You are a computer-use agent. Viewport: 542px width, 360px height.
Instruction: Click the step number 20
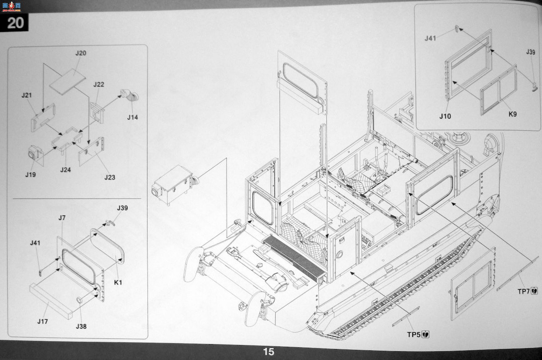pyautogui.click(x=15, y=23)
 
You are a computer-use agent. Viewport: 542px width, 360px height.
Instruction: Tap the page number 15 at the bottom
pyautogui.click(x=268, y=352)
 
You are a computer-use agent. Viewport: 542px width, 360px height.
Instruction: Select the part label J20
pyautogui.click(x=81, y=53)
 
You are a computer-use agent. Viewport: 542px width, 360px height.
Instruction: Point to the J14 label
pyautogui.click(x=132, y=117)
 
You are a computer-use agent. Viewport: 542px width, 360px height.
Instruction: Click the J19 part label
pyautogui.click(x=31, y=175)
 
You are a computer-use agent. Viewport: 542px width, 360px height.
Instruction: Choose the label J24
pyautogui.click(x=65, y=170)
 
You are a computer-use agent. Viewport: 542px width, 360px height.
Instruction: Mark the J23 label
pyautogui.click(x=110, y=177)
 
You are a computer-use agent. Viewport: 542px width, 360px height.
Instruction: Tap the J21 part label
pyautogui.click(x=27, y=95)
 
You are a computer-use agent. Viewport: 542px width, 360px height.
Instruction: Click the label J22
pyautogui.click(x=99, y=85)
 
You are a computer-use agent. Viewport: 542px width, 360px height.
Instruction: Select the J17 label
pyautogui.click(x=43, y=321)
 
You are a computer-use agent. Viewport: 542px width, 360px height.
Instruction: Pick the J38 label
pyautogui.click(x=81, y=326)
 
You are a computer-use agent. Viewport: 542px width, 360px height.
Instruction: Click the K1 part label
pyautogui.click(x=118, y=283)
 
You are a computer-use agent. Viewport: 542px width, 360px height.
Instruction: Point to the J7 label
pyautogui.click(x=62, y=218)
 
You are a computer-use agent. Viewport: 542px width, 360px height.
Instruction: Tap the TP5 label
pyautogui.click(x=414, y=335)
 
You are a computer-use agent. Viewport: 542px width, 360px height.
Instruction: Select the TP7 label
pyautogui.click(x=523, y=291)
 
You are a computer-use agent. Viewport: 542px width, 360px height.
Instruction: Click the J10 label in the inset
pyautogui.click(x=445, y=116)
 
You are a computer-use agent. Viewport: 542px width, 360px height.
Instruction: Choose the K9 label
pyautogui.click(x=512, y=114)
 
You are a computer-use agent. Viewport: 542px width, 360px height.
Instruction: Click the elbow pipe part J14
pyautogui.click(x=130, y=95)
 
